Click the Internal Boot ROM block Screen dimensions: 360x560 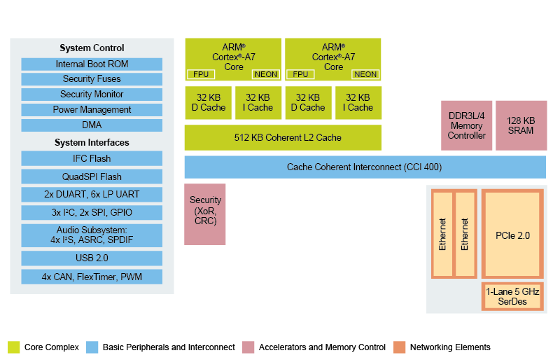(x=92, y=64)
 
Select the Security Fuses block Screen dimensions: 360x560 (x=92, y=79)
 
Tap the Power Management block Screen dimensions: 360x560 (x=92, y=110)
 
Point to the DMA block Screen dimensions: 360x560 (x=92, y=125)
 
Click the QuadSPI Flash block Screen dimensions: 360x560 (x=92, y=176)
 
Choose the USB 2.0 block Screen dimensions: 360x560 (x=92, y=258)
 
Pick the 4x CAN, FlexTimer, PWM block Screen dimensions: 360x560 (x=92, y=277)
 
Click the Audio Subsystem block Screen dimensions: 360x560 (x=92, y=235)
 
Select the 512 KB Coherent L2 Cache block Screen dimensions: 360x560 (x=283, y=137)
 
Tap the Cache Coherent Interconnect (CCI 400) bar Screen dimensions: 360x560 (x=365, y=167)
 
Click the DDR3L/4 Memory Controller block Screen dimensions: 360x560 (x=466, y=125)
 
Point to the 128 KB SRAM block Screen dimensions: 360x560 (x=521, y=125)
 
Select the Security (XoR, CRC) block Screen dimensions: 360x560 (x=205, y=214)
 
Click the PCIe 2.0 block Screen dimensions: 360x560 (x=512, y=235)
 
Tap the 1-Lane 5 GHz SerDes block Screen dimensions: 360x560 (x=512, y=296)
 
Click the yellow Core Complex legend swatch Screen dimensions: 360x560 (x=14, y=347)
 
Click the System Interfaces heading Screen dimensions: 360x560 (x=92, y=143)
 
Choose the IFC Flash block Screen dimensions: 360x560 (x=92, y=158)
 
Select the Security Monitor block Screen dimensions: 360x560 (x=92, y=95)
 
